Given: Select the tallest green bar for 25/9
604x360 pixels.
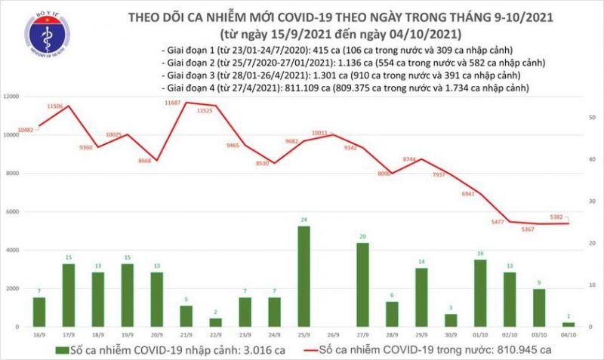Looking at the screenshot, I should (304, 276).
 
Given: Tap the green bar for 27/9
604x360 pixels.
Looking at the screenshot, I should (362, 285).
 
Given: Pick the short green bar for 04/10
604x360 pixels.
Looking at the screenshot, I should (569, 324).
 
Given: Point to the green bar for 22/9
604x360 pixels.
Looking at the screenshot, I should (215, 322).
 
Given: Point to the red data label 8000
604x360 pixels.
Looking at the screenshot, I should (384, 174).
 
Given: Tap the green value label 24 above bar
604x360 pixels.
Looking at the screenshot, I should (304, 220).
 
